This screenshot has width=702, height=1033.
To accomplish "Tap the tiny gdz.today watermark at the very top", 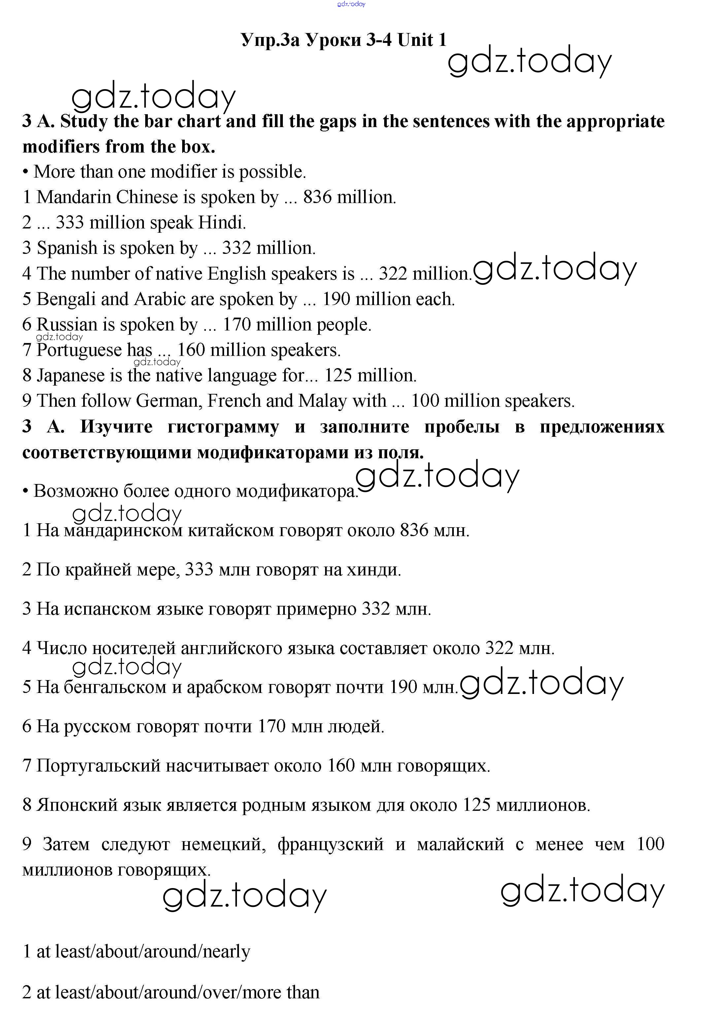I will [x=351, y=4].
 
